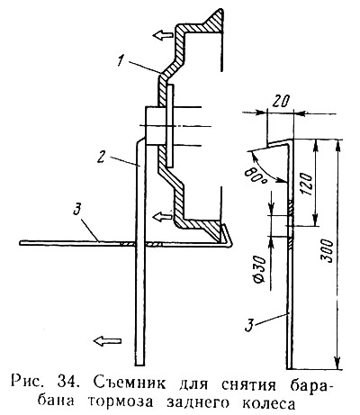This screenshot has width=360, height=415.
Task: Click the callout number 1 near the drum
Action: pos(121,59)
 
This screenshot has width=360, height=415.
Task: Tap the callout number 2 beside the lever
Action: pos(102,155)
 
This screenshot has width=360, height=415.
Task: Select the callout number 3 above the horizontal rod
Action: pos(77,209)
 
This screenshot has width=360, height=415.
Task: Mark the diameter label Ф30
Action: pos(259,270)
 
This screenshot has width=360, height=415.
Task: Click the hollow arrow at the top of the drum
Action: pos(163,35)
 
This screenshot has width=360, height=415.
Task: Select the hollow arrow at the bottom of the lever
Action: pos(107,340)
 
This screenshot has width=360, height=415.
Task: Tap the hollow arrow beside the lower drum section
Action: pos(162,216)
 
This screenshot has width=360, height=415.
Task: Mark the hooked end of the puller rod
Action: pos(226,236)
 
